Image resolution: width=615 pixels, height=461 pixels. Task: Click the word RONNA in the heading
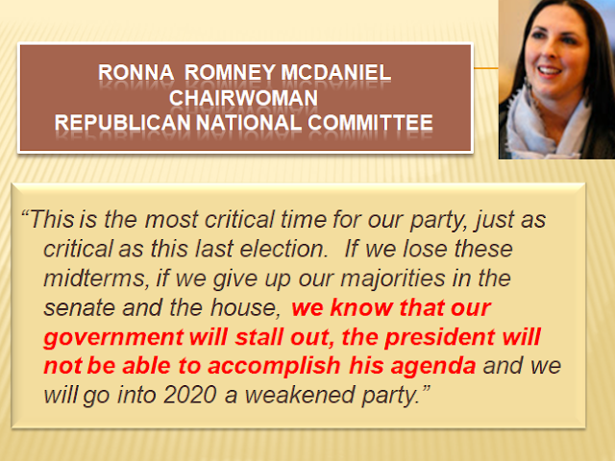click(135, 73)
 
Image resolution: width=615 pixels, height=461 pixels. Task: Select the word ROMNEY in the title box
click(231, 73)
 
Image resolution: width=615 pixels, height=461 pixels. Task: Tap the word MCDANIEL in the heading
click(336, 73)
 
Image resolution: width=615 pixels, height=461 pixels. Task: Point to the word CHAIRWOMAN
click(243, 98)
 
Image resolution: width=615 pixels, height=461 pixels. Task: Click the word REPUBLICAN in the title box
click(123, 123)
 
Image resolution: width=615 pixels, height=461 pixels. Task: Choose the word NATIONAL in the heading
click(249, 123)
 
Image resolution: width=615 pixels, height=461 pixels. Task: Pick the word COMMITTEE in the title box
click(370, 123)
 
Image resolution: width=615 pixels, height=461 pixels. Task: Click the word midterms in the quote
click(94, 279)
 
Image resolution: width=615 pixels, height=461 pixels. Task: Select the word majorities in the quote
click(393, 279)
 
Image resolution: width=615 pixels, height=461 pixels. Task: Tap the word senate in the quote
click(79, 308)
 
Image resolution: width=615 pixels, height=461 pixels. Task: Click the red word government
click(113, 338)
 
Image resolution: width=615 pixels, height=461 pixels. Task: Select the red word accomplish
click(274, 366)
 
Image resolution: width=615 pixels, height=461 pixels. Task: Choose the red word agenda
click(433, 367)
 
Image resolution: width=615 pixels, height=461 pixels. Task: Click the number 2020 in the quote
click(190, 395)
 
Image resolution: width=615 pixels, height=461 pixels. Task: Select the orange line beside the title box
click(485, 68)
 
